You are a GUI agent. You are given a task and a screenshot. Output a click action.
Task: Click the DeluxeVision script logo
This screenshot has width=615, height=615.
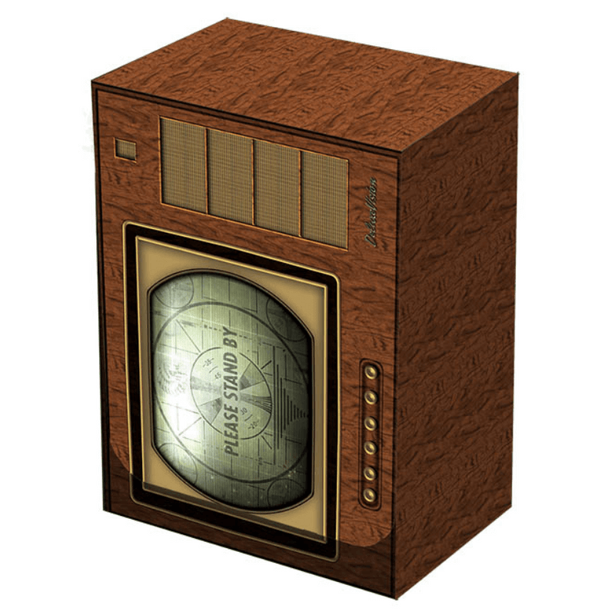click(373, 213)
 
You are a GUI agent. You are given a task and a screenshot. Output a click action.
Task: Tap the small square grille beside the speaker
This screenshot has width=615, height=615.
click(125, 148)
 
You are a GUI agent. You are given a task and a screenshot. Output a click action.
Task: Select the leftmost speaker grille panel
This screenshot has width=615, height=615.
click(184, 165)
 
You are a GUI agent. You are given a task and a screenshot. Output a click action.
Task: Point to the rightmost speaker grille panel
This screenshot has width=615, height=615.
click(324, 198)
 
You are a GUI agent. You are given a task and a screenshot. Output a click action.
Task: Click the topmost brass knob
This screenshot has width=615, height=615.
click(371, 373)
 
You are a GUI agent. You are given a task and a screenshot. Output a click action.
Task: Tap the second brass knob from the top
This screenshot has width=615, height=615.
click(371, 397)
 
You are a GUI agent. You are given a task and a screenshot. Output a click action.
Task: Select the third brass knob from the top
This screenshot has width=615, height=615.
click(371, 422)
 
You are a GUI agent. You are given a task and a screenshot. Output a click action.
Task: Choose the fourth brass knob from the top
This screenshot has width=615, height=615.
click(371, 446)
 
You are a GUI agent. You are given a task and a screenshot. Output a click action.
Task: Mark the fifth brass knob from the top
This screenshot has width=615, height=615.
click(371, 469)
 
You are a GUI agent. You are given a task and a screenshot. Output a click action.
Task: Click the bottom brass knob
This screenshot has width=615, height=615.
click(371, 492)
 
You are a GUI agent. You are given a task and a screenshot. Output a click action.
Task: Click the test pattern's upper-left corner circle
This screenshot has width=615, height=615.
click(178, 296)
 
